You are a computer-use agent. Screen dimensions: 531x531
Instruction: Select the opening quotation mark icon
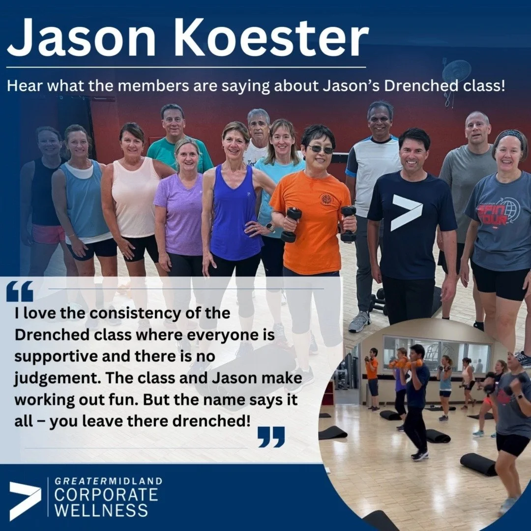click(x=20, y=291)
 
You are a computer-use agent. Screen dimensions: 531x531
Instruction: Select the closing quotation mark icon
click(x=271, y=437)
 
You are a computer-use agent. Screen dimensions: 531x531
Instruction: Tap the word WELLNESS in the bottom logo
click(x=101, y=509)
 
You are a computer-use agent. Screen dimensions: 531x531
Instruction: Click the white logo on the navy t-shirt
click(x=406, y=213)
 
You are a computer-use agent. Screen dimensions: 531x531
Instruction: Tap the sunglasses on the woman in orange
click(x=320, y=149)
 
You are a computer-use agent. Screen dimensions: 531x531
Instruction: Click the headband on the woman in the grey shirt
click(x=511, y=134)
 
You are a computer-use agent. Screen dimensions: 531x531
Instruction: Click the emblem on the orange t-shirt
click(x=326, y=200)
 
